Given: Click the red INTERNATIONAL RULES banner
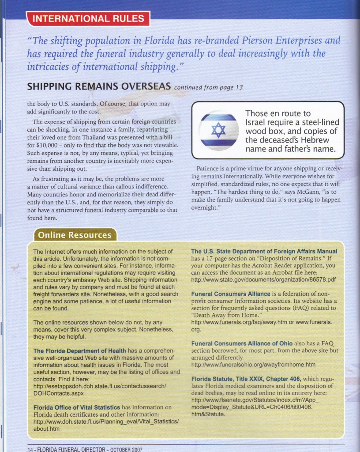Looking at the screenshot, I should click(x=88, y=19).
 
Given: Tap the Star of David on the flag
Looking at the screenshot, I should click(x=218, y=131).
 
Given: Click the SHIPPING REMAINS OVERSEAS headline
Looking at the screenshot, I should click(x=99, y=86).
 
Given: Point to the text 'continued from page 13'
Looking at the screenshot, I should click(x=208, y=87).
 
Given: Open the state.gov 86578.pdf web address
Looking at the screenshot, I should click(x=263, y=279).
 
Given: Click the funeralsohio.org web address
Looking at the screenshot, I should click(x=253, y=365).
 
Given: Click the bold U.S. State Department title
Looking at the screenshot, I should click(x=264, y=251).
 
